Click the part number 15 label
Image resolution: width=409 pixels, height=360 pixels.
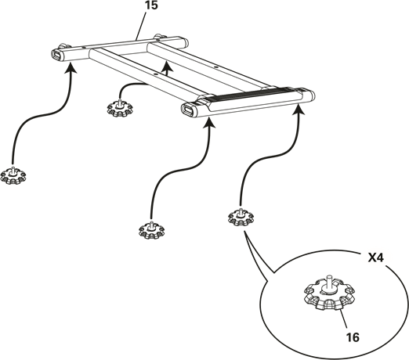pyautogui.click(x=151, y=5)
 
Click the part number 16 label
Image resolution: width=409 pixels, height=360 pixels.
pyautogui.click(x=353, y=337)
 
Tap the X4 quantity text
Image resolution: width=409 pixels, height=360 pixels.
pyautogui.click(x=375, y=258)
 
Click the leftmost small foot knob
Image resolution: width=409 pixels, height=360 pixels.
pyautogui.click(x=13, y=175)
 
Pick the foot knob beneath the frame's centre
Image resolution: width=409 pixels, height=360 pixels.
pyautogui.click(x=120, y=107)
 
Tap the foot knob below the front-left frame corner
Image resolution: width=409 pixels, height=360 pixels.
pyautogui.click(x=151, y=230)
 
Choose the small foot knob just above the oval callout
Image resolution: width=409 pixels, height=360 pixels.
pyautogui.click(x=241, y=217)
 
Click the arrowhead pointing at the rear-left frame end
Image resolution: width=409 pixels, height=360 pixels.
pyautogui.click(x=71, y=68)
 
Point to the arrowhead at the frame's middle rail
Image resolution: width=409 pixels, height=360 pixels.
pyautogui.click(x=167, y=67)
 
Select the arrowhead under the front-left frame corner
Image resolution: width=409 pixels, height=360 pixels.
pyautogui.click(x=209, y=122)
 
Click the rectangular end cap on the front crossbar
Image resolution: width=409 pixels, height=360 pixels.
pyautogui.click(x=188, y=110)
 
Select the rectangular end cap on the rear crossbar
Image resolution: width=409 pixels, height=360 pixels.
pyautogui.click(x=56, y=55)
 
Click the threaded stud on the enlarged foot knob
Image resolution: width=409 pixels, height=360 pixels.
pyautogui.click(x=329, y=281)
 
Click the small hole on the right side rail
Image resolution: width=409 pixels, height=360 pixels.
pyautogui.click(x=215, y=67)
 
